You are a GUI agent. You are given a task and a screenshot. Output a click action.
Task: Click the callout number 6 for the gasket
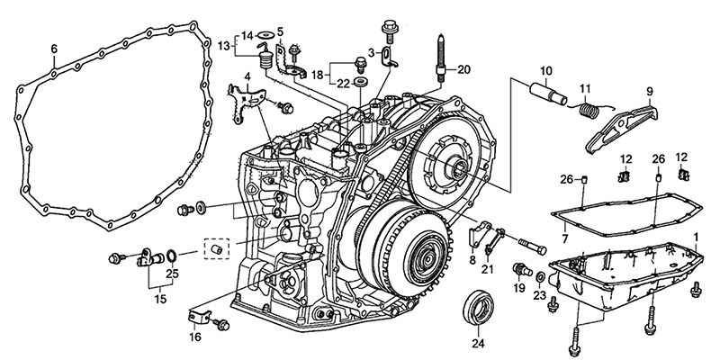click(x=54, y=49)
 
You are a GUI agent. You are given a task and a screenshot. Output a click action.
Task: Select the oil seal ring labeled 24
click(x=478, y=307)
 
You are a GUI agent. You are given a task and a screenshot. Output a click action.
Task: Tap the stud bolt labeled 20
click(x=440, y=59)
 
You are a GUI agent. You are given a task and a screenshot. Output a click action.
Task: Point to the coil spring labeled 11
click(x=589, y=111)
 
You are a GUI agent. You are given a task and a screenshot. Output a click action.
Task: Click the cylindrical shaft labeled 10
click(x=548, y=94)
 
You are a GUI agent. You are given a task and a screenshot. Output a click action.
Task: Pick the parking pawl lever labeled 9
click(x=621, y=130)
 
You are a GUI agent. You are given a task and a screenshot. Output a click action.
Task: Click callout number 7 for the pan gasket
click(x=565, y=238)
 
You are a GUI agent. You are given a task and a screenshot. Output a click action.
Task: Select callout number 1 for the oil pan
click(x=696, y=238)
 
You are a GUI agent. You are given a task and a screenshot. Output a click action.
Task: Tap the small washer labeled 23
click(x=541, y=277)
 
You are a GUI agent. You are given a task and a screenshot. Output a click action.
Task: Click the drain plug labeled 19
click(x=521, y=270)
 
